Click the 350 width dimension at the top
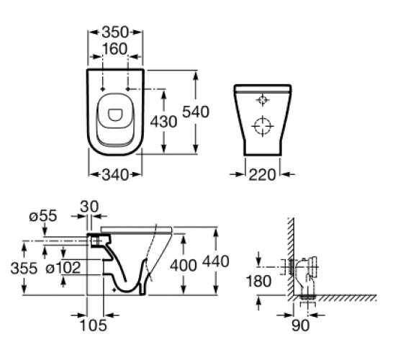point(115,32)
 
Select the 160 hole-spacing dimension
point(115,49)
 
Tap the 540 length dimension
point(196,112)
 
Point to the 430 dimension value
point(164,122)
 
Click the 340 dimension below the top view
point(115,175)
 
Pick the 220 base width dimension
point(262,175)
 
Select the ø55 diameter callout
point(43,216)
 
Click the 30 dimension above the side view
point(89,207)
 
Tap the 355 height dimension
point(24,268)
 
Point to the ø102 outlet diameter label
point(63,268)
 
